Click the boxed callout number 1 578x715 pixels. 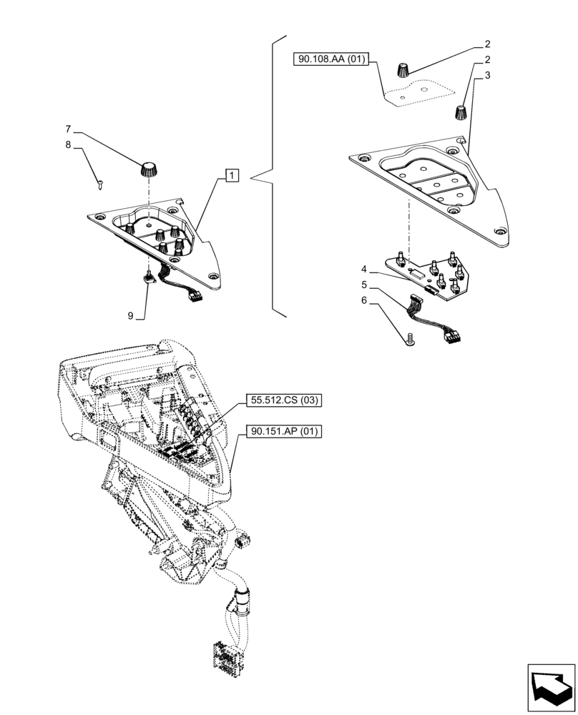click(x=233, y=174)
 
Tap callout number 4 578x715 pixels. click(x=364, y=270)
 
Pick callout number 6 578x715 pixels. click(x=364, y=302)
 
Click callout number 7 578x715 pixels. click(x=68, y=129)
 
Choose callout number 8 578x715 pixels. click(x=68, y=145)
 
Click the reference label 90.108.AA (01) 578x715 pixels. click(x=330, y=59)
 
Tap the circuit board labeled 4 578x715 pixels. click(x=429, y=275)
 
